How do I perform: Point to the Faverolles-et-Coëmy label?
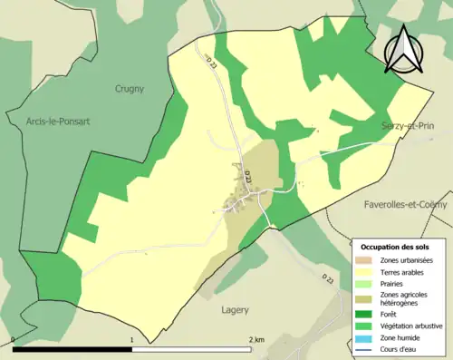406,205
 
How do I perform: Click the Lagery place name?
236,309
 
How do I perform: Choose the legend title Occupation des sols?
395,247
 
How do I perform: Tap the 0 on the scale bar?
13,340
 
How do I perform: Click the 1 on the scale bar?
132,340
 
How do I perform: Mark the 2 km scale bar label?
255,340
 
